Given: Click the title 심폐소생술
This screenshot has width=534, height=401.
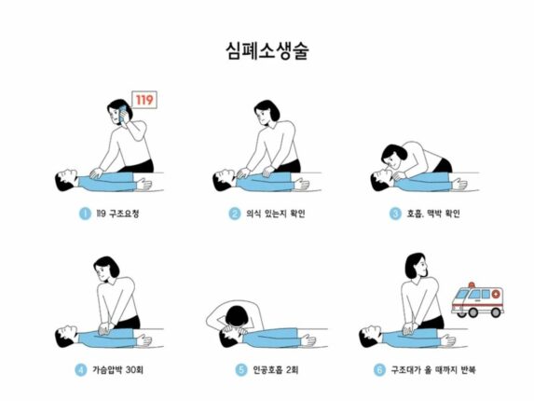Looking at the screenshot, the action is pyautogui.click(x=267, y=50).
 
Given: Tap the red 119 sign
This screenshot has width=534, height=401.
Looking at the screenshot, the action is pyautogui.click(x=144, y=100).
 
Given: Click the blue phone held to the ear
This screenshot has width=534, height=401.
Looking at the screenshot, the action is pyautogui.click(x=123, y=113).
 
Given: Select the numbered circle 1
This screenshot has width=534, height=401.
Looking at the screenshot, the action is pyautogui.click(x=85, y=214).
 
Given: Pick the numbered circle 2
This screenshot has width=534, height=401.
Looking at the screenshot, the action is pyautogui.click(x=234, y=214).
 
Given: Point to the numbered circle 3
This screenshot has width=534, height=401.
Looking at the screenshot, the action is pyautogui.click(x=395, y=214).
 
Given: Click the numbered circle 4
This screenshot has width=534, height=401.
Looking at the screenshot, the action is pyautogui.click(x=81, y=370).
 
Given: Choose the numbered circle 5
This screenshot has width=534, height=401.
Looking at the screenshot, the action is pyautogui.click(x=241, y=370).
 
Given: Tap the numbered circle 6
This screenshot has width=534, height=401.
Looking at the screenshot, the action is pyautogui.click(x=379, y=370).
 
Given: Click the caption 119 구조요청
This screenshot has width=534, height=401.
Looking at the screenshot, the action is pyautogui.click(x=117, y=214).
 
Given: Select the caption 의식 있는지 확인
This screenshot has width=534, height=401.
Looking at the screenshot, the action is pyautogui.click(x=276, y=214).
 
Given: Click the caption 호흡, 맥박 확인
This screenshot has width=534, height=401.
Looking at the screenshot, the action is pyautogui.click(x=433, y=214).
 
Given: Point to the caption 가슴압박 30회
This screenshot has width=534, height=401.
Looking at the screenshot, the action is pyautogui.click(x=117, y=370).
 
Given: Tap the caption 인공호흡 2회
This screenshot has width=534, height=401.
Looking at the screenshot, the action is pyautogui.click(x=276, y=370).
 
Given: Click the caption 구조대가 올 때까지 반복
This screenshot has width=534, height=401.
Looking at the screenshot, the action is pyautogui.click(x=433, y=370).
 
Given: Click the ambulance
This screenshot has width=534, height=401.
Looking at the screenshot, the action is pyautogui.click(x=477, y=300).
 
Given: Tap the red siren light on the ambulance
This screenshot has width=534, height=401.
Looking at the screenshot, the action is pyautogui.click(x=472, y=284).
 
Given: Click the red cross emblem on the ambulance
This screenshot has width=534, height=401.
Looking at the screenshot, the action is pyautogui.click(x=496, y=294).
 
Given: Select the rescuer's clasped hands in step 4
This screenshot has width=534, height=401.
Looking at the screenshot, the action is pyautogui.click(x=105, y=327).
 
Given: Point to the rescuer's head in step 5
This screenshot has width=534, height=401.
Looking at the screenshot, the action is pyautogui.click(x=238, y=316).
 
